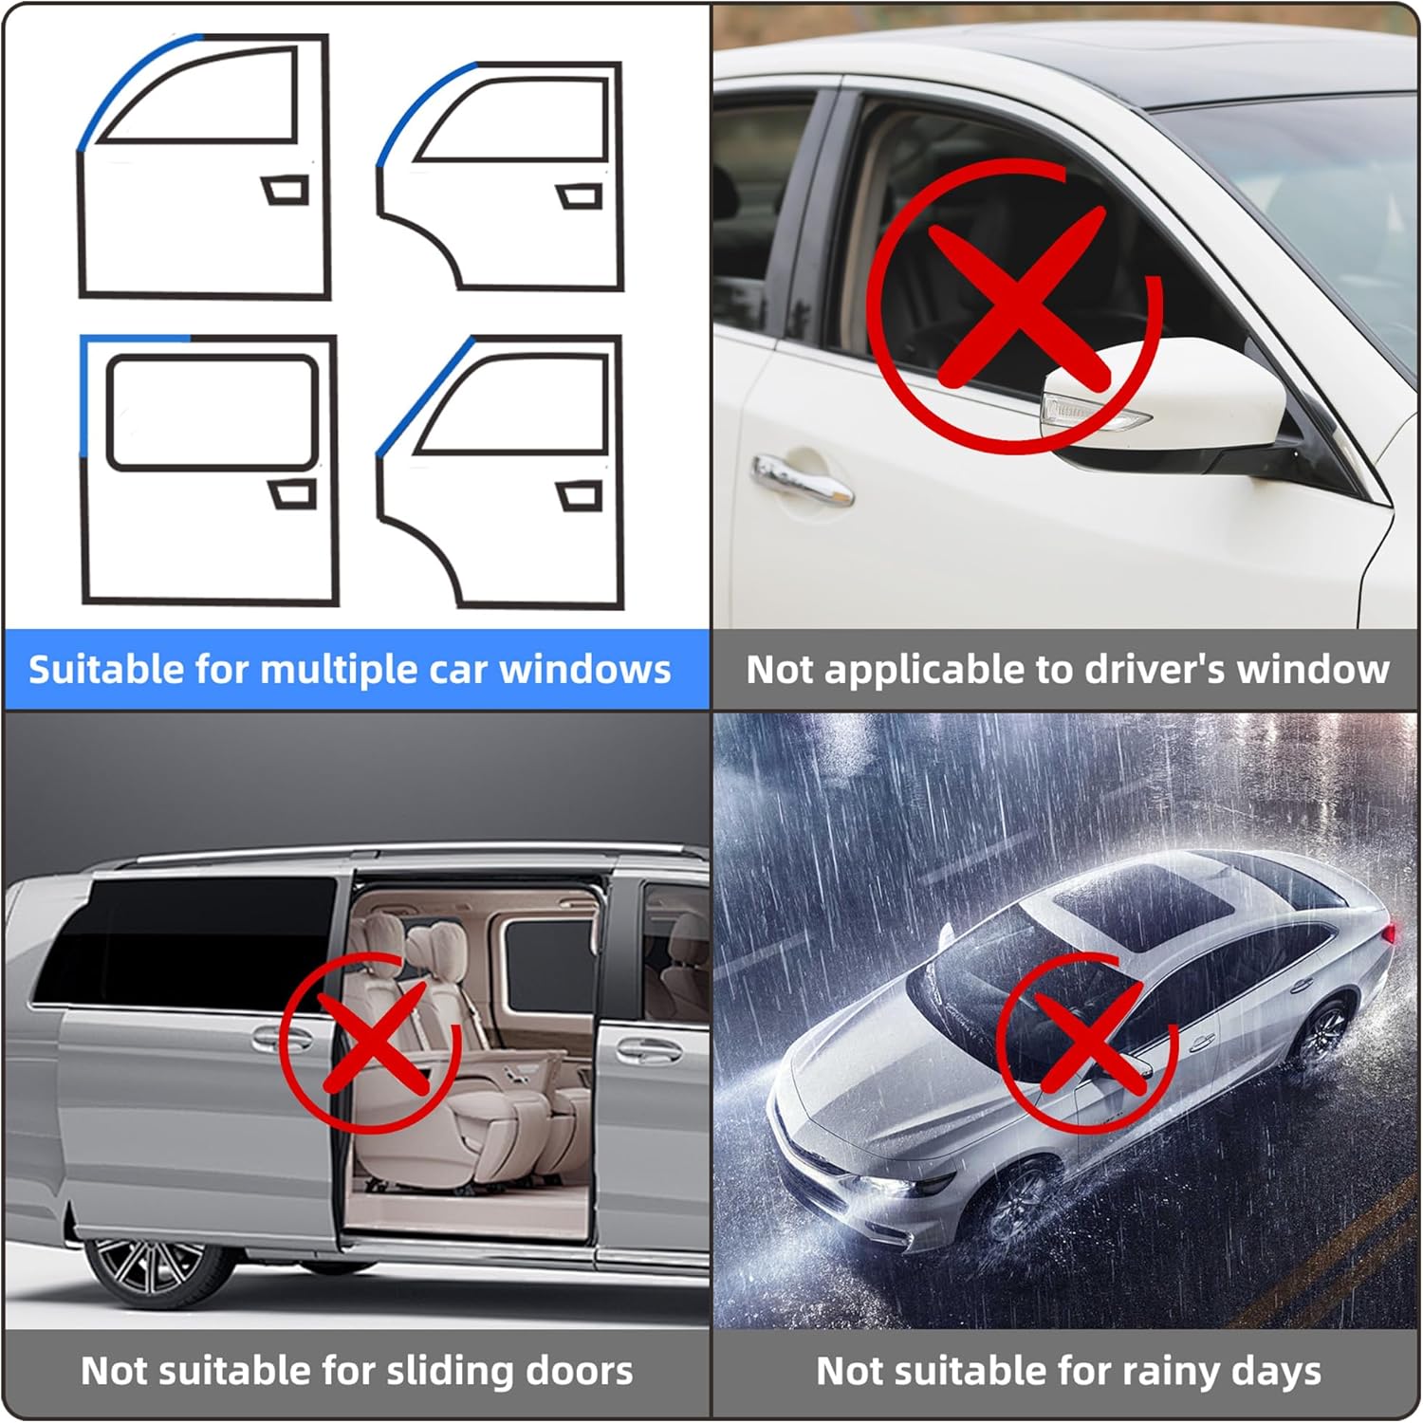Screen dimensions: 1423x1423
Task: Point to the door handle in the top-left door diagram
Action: click(x=285, y=190)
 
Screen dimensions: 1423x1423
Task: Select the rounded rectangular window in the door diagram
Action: click(x=212, y=413)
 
